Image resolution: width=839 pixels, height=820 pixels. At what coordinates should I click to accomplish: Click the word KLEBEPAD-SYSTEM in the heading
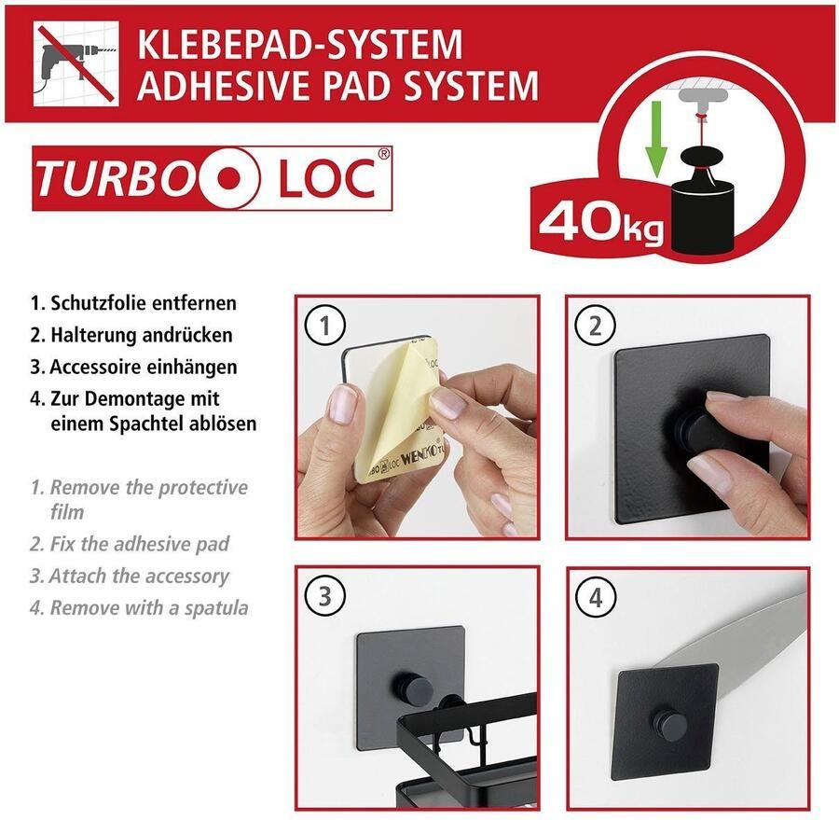pyautogui.click(x=299, y=44)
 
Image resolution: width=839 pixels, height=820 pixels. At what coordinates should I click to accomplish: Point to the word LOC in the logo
pyautogui.click(x=322, y=177)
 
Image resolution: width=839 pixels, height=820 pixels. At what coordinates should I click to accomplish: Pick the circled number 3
pyautogui.click(x=325, y=596)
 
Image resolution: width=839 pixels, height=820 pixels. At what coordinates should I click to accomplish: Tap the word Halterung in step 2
pyautogui.click(x=92, y=335)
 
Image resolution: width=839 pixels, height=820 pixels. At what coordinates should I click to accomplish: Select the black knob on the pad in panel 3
pyautogui.click(x=419, y=691)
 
